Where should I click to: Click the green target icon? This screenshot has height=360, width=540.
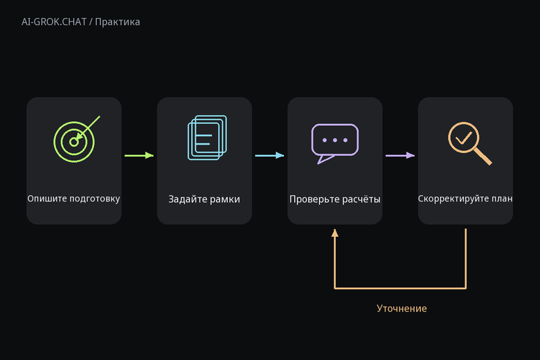click(74, 142)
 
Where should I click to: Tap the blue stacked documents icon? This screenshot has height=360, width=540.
click(207, 138)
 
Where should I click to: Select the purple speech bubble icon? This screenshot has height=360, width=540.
click(335, 144)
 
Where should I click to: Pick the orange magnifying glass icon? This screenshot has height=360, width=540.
click(470, 143)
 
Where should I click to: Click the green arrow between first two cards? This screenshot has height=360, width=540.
click(139, 155)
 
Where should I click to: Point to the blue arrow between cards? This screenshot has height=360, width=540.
click(270, 155)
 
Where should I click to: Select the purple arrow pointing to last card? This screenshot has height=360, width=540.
click(400, 155)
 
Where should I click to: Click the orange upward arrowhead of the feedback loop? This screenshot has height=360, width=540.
click(335, 233)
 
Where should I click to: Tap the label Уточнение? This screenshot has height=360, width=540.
click(402, 308)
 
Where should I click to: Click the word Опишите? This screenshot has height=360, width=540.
click(47, 199)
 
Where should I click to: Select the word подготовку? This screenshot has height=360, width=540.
click(95, 199)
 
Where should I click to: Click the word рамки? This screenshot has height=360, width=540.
click(225, 199)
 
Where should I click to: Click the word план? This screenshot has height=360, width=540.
click(503, 199)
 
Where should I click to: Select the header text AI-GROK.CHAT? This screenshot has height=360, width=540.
click(54, 21)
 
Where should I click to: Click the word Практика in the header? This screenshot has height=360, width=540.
click(118, 22)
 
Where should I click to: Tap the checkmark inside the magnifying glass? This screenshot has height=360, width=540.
click(464, 138)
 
